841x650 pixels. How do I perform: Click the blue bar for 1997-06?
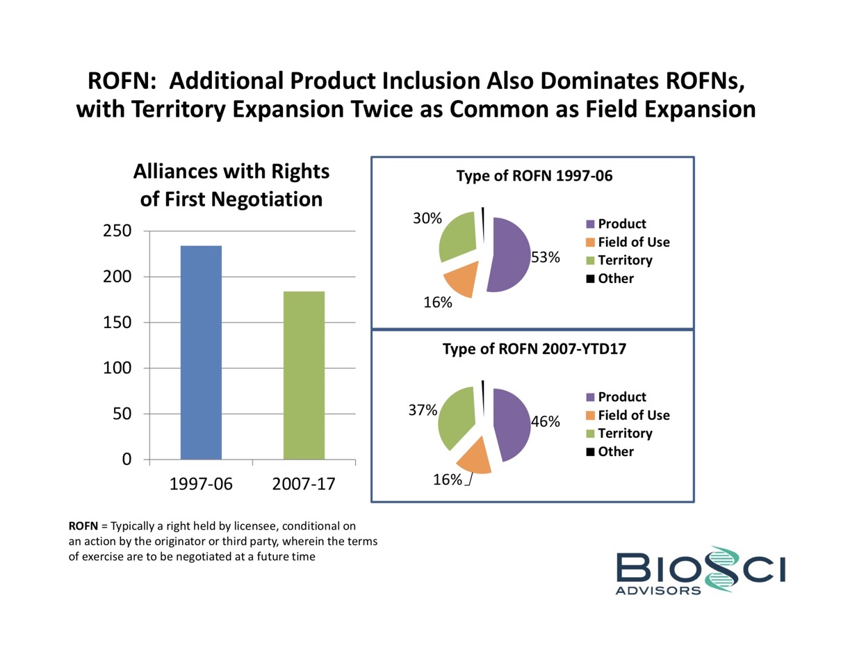(x=201, y=352)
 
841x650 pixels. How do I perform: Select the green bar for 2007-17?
(x=304, y=375)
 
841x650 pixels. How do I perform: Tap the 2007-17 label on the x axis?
(x=304, y=484)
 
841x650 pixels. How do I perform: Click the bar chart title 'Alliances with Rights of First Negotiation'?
(x=231, y=185)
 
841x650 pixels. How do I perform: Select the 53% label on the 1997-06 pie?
(x=546, y=257)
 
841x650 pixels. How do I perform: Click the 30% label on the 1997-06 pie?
(x=427, y=218)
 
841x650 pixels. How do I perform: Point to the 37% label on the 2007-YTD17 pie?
(x=423, y=410)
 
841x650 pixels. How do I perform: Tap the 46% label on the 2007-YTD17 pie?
(x=546, y=421)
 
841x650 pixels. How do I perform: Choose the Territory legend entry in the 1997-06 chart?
(x=625, y=260)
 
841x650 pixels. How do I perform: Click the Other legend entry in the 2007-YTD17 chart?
(x=615, y=452)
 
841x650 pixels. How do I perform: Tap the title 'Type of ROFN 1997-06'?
(x=534, y=177)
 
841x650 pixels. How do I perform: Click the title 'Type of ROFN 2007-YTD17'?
(x=534, y=350)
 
